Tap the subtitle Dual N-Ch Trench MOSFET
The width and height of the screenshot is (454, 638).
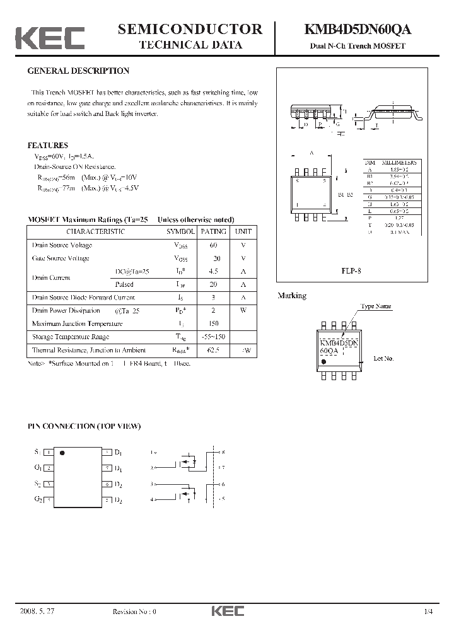(x=357, y=46)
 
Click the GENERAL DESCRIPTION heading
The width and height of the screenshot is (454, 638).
(x=78, y=71)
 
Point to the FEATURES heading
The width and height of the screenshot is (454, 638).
(x=47, y=145)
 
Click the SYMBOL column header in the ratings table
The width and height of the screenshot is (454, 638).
(x=180, y=231)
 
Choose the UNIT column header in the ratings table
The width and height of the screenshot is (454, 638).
(x=243, y=231)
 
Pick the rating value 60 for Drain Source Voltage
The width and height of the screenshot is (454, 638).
(x=213, y=245)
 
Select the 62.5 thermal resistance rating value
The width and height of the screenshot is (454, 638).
(x=213, y=350)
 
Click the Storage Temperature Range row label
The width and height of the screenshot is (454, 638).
(x=70, y=337)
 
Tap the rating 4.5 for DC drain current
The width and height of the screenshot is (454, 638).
(x=213, y=272)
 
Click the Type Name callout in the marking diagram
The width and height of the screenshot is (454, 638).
(x=375, y=306)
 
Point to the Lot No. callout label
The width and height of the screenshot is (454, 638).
(x=383, y=358)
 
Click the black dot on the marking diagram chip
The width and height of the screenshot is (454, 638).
(x=324, y=362)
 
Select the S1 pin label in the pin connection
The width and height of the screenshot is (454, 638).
(x=37, y=452)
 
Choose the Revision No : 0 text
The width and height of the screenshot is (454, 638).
(x=134, y=612)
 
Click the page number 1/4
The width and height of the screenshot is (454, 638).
(x=429, y=612)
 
